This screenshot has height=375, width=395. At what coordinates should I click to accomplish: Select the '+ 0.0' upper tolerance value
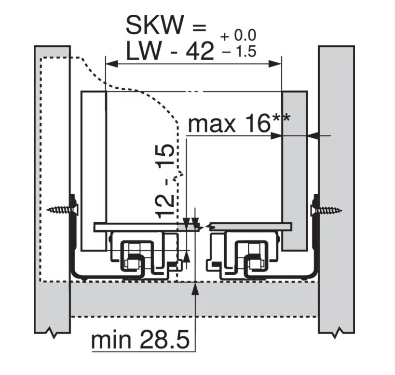tap(238, 36)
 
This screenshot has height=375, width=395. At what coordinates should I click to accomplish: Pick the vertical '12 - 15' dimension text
tap(165, 181)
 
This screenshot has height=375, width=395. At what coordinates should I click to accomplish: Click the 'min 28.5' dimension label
tap(139, 340)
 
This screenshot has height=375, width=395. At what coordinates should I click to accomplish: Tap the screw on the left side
tap(62, 210)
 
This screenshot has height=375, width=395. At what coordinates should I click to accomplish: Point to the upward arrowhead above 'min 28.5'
tap(195, 287)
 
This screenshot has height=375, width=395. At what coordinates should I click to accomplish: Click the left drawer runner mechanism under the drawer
tap(140, 255)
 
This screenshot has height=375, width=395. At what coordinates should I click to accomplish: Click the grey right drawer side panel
tap(294, 169)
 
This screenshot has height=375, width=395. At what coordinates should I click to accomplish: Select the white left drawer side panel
tap(93, 169)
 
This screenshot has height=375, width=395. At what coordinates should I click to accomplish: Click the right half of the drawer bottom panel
tap(251, 227)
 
